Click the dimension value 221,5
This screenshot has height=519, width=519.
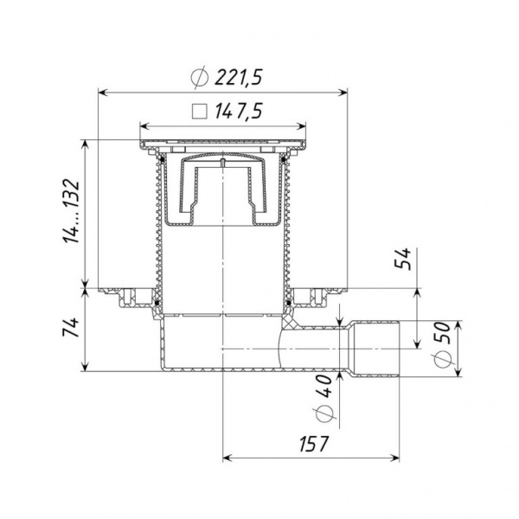239,78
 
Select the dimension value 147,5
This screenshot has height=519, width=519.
239,111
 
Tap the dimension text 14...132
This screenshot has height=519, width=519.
72,212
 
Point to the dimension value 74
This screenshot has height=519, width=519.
72,327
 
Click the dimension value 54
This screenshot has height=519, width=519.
403,259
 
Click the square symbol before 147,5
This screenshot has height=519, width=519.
200,112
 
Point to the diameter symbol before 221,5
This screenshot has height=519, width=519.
200,78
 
